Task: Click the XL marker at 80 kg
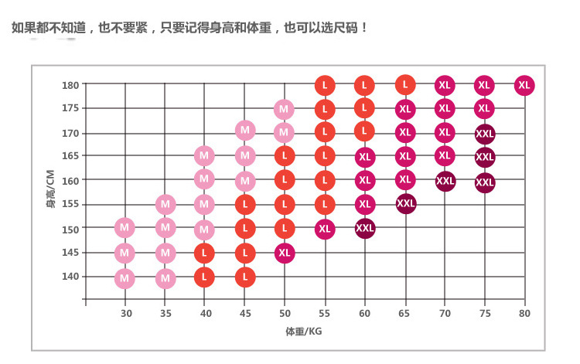[524, 86]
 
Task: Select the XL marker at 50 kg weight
[285, 253]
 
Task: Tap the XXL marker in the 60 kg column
[365, 229]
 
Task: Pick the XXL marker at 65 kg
[405, 204]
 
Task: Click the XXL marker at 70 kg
[445, 182]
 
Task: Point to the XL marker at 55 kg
[325, 230]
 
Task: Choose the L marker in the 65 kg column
[405, 84]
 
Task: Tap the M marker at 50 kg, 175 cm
[284, 109]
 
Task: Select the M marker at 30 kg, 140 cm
[125, 277]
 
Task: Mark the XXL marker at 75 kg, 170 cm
[485, 134]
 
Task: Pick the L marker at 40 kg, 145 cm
[204, 253]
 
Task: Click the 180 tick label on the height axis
[70, 85]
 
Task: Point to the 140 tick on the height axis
[70, 276]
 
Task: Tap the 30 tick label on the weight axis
[125, 313]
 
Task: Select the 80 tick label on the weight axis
[525, 313]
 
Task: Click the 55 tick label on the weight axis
[325, 313]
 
